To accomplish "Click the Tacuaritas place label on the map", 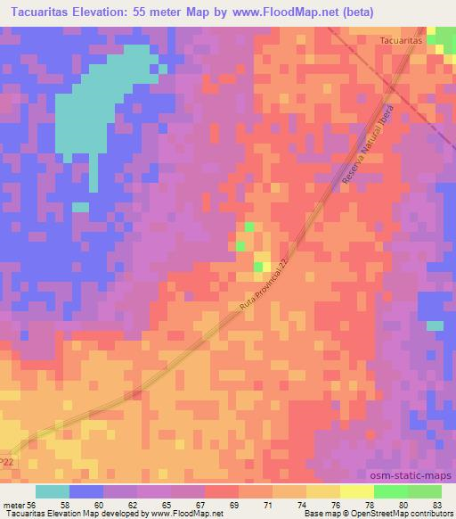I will point(401,41).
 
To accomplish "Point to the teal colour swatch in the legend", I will point(52,491).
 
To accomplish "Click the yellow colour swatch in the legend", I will point(356,491).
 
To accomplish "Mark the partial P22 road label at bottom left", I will point(7,461).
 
